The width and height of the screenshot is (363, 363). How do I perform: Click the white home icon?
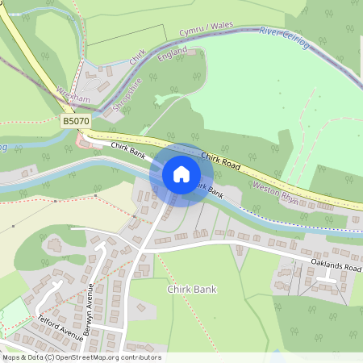coord(181,173)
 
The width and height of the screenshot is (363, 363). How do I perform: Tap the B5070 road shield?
coord(75,121)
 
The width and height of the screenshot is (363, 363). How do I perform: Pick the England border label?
coord(173,53)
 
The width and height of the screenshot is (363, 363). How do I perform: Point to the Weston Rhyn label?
coord(276,194)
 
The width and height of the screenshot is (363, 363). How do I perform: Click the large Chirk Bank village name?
coord(192,289)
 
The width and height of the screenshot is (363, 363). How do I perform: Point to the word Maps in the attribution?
coord(11,357)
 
